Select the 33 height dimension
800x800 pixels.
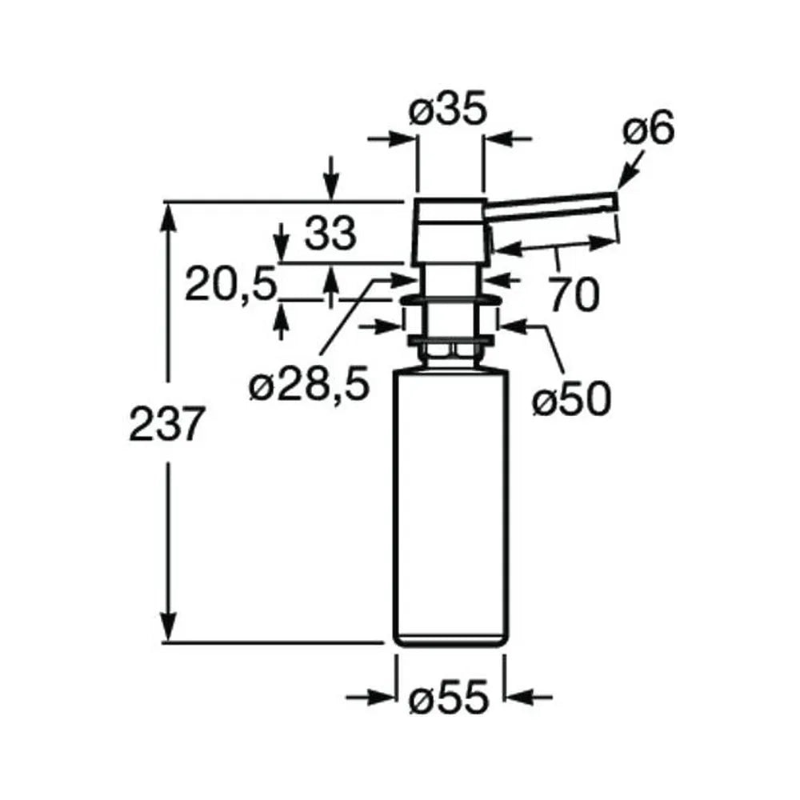[330, 234]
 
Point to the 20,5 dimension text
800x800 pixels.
[230, 284]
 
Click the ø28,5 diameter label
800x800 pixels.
[308, 385]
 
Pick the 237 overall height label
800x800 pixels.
[166, 424]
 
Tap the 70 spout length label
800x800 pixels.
[574, 294]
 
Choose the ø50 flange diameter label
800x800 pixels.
[571, 399]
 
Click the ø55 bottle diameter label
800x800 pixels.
[449, 698]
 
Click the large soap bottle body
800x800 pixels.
[450, 509]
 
